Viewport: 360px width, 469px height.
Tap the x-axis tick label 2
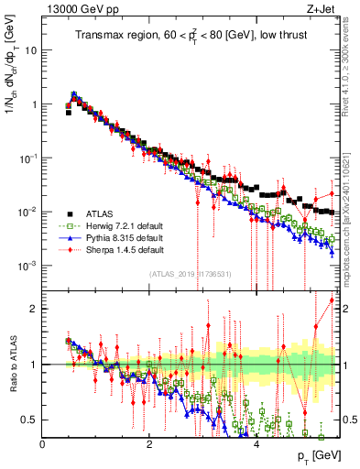(x=148, y=442)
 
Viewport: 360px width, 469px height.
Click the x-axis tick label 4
(x=256, y=442)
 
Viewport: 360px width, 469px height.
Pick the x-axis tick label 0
(x=43, y=442)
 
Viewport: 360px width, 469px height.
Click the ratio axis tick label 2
(x=35, y=309)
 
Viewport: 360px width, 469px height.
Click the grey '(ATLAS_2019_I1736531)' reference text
(x=191, y=273)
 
